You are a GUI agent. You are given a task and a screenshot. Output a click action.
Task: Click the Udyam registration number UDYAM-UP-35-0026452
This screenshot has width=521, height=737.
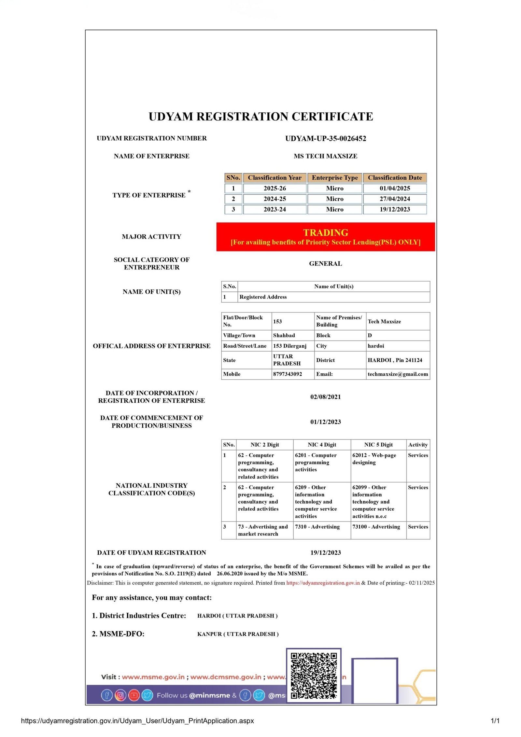[325, 138]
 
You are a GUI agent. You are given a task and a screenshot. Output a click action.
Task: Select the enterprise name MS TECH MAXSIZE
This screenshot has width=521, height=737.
[325, 156]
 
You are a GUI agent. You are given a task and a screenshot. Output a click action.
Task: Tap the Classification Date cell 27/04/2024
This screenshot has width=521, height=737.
[394, 199]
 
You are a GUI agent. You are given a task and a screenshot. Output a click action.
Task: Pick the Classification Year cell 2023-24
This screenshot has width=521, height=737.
[275, 209]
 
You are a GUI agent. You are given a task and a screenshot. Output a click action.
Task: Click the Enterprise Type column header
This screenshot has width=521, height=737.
[334, 178]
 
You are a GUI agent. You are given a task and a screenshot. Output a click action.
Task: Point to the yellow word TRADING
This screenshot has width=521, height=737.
[325, 232]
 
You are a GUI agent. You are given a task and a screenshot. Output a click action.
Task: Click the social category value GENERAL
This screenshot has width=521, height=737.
[325, 263]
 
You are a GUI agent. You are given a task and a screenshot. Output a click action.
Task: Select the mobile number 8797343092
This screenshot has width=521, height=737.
[287, 374]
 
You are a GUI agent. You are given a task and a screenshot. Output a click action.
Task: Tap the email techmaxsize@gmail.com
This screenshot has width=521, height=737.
[398, 374]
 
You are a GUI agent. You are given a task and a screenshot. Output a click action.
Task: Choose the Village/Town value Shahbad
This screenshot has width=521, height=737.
[284, 335]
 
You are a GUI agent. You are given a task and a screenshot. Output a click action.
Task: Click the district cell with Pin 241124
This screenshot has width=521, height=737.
[395, 360]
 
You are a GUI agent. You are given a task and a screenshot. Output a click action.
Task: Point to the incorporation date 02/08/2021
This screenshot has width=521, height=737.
[325, 397]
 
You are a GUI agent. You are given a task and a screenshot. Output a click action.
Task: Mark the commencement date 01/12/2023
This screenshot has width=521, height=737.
[325, 422]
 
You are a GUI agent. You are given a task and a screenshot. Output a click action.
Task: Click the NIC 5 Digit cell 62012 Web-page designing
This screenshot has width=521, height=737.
[374, 459]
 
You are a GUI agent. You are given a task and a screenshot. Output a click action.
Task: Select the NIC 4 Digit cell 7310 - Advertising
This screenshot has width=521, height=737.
[317, 527]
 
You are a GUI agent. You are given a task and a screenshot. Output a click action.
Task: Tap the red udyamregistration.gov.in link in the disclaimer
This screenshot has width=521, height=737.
[323, 583]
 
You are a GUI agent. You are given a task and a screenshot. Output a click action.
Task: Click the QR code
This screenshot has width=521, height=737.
[314, 675]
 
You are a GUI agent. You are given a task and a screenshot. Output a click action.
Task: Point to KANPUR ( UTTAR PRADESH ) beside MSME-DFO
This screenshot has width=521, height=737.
[238, 634]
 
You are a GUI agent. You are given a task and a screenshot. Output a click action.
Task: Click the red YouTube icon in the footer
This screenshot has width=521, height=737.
[134, 695]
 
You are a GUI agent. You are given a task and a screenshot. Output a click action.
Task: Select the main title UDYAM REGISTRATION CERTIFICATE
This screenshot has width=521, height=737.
[260, 117]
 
